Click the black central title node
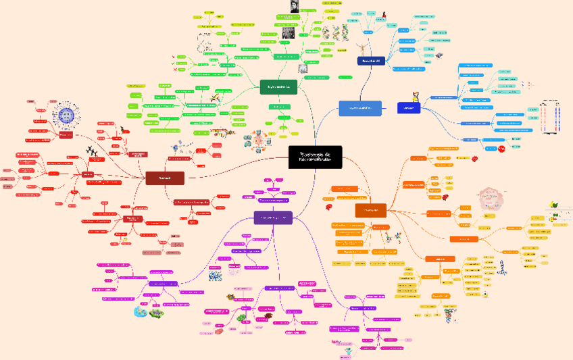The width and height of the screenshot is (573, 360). (x=315, y=157)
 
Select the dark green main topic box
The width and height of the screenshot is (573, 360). (x=278, y=86)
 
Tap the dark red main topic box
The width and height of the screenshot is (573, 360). (x=165, y=178)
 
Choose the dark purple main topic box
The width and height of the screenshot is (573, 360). (x=273, y=217)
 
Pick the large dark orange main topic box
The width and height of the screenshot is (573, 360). (x=370, y=211)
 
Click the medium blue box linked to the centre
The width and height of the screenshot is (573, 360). (x=359, y=108)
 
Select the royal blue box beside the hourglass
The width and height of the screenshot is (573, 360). (x=408, y=108)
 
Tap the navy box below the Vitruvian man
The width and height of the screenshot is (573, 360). (x=371, y=61)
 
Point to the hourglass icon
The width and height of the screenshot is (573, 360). (x=415, y=97)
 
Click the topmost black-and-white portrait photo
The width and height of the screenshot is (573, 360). (x=295, y=6)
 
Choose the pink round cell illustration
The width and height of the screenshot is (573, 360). (x=489, y=200)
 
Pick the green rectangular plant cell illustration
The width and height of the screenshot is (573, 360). (x=162, y=313)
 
